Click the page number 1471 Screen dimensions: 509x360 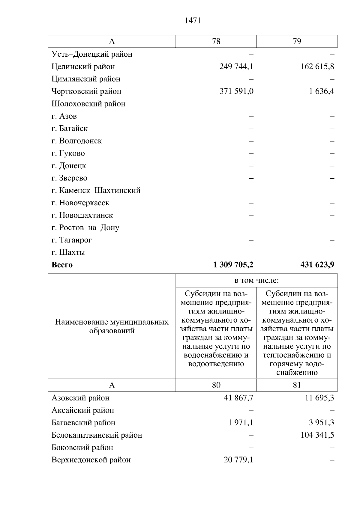[x=193, y=21]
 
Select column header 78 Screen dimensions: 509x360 [x=216, y=41]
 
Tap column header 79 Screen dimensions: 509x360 [x=297, y=41]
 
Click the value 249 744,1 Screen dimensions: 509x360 [x=236, y=67]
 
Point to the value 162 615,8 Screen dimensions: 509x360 [x=317, y=67]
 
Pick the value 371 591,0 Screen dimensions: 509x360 [x=236, y=91]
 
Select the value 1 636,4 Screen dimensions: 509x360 [x=322, y=91]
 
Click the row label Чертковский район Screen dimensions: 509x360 [x=86, y=91]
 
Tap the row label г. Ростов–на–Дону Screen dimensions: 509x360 [x=85, y=228]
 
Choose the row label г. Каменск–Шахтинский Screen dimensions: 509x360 [x=96, y=191]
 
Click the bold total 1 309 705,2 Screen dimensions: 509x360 [x=233, y=265]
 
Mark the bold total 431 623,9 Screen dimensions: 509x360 [x=317, y=265]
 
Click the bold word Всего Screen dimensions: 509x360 [x=62, y=265]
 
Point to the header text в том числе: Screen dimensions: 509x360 [x=256, y=281]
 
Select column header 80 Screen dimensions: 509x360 [x=216, y=385]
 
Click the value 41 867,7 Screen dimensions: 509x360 [x=238, y=398]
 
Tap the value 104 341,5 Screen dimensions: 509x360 [x=317, y=435]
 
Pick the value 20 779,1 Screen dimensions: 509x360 [x=238, y=460]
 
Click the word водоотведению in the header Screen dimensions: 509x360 [x=216, y=364]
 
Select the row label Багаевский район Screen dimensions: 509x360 [x=83, y=423]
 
